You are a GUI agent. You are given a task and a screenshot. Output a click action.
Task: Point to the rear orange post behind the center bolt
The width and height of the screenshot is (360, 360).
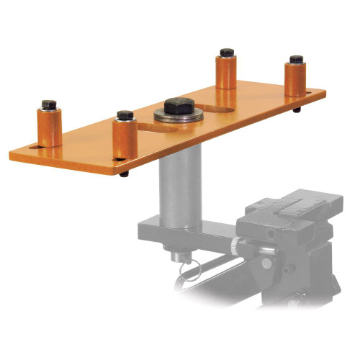coord(226,71)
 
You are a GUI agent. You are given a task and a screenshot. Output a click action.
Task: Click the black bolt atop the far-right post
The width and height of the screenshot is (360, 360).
coord(295,58)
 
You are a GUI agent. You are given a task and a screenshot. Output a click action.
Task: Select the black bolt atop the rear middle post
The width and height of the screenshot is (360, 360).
coord(226,53)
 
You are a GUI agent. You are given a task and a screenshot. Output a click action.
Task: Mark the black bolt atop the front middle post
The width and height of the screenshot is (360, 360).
coord(125,114)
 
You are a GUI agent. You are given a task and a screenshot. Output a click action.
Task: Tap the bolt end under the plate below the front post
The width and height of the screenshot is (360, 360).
coord(125,174)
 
